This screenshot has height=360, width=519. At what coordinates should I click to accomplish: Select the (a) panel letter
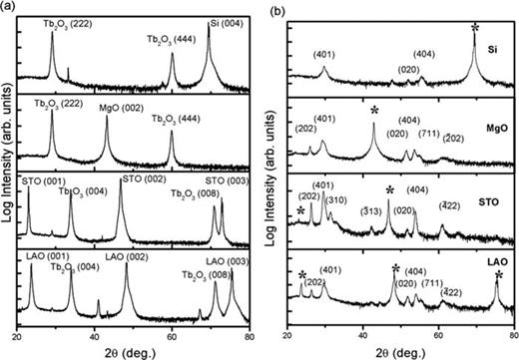(10, 7)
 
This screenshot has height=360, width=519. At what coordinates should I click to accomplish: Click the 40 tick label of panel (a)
(96, 324)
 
